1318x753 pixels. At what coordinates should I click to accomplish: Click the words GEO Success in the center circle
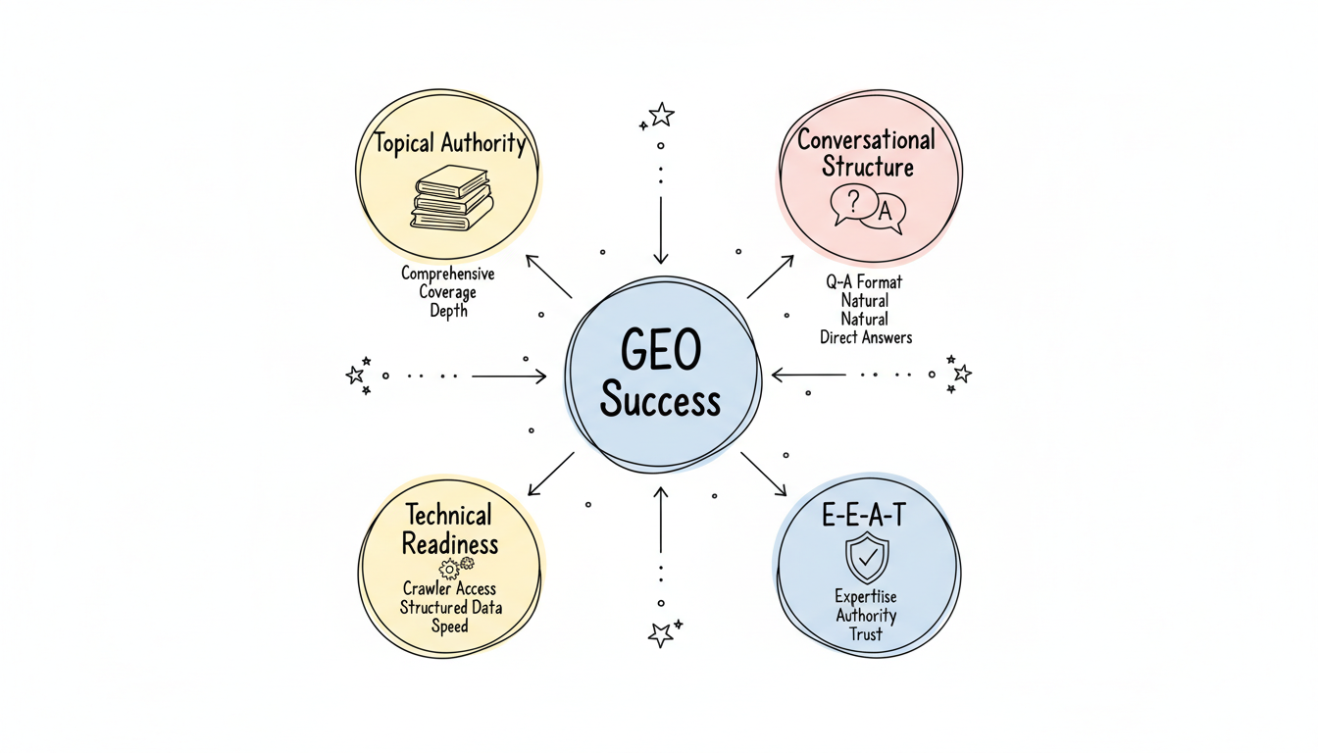click(660, 376)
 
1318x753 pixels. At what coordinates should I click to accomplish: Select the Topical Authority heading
click(451, 144)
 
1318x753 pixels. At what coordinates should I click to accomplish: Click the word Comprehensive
click(448, 274)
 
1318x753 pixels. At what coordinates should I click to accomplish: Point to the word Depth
click(448, 311)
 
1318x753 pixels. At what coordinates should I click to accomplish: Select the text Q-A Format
click(864, 281)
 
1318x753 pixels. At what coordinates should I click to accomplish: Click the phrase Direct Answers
click(866, 337)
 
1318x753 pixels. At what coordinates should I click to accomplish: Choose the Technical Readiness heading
click(450, 528)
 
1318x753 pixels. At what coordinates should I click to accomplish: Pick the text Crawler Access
click(450, 589)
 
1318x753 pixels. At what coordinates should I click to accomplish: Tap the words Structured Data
click(450, 607)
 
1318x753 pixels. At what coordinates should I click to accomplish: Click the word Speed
click(450, 626)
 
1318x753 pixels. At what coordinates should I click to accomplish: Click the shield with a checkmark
click(866, 559)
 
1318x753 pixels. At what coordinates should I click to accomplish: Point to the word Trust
click(866, 633)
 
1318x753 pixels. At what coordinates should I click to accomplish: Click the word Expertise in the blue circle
click(866, 596)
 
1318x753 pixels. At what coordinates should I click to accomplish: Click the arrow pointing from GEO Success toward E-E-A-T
click(764, 474)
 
